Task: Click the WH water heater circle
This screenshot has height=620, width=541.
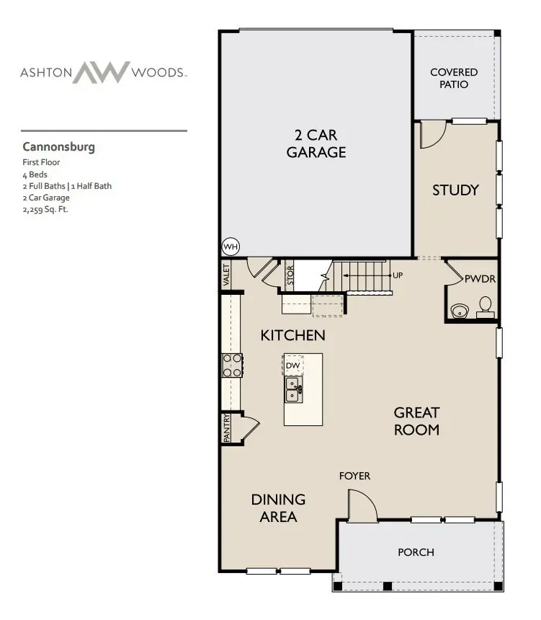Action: coord(231,247)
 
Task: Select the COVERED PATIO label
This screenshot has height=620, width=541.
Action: coord(454,78)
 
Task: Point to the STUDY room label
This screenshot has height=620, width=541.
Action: coord(455,190)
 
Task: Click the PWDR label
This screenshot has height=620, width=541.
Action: coord(479,278)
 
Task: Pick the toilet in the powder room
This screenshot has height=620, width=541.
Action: coord(486,307)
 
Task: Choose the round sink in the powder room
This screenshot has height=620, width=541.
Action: coord(458,311)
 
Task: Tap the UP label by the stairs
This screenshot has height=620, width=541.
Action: coord(397,275)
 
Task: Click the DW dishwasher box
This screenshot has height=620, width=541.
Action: coord(292,366)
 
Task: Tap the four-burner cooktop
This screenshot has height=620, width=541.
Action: coord(232,366)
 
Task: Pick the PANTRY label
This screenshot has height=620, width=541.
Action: coord(227,427)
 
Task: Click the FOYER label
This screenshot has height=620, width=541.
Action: coord(355,476)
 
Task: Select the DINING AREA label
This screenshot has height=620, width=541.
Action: coord(278,508)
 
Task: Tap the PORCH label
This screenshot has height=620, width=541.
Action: coord(416,552)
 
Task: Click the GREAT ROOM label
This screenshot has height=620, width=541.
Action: coord(416,421)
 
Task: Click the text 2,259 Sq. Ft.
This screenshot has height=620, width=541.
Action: coord(45,210)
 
